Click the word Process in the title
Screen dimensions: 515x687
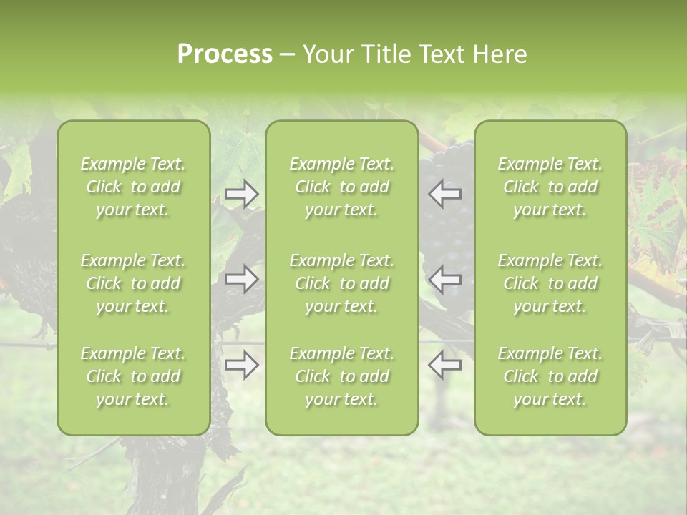click(x=225, y=54)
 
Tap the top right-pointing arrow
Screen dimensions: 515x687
click(x=242, y=194)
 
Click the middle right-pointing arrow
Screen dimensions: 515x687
click(x=242, y=278)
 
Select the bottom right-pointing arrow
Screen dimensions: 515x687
click(x=242, y=365)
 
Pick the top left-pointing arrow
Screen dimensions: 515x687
click(x=445, y=194)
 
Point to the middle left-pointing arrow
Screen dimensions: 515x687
click(x=445, y=278)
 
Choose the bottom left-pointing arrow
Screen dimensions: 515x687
click(x=445, y=365)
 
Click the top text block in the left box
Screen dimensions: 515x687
click(x=133, y=187)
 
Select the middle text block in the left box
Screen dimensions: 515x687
click(x=133, y=283)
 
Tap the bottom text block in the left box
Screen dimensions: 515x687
click(x=133, y=376)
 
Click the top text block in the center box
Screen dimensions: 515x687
click(x=341, y=187)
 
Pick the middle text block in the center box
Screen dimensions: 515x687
click(x=341, y=283)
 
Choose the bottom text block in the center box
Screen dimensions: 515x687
click(x=341, y=376)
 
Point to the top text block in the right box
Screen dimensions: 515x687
click(x=550, y=187)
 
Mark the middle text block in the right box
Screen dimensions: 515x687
click(x=550, y=283)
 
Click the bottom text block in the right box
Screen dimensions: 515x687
click(x=550, y=376)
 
